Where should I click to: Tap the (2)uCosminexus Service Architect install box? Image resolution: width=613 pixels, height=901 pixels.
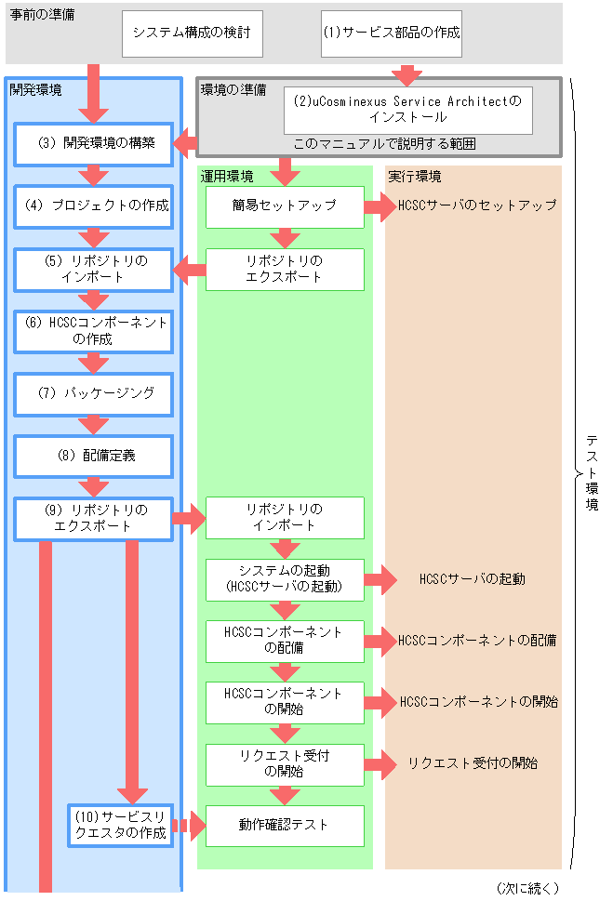[408, 110]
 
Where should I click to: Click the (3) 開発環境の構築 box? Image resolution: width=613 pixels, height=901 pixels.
[94, 144]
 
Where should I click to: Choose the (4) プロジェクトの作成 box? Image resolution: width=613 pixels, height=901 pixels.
[94, 205]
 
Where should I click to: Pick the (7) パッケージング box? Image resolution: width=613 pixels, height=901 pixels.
[94, 393]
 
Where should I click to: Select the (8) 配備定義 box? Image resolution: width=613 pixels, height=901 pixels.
[94, 457]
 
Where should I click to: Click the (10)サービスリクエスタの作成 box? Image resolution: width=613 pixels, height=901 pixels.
[121, 825]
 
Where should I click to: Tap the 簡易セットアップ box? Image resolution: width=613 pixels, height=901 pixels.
[285, 205]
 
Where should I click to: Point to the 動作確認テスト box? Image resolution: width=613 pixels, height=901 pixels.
[285, 825]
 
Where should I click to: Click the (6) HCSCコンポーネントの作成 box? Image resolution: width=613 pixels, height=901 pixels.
[94, 331]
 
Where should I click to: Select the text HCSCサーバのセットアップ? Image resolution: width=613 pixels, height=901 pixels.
[477, 205]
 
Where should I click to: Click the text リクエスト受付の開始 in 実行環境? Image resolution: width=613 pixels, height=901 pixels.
[473, 763]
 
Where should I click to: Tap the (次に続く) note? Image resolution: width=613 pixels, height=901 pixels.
[527, 888]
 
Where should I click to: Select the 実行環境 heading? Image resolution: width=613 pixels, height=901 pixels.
[415, 176]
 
